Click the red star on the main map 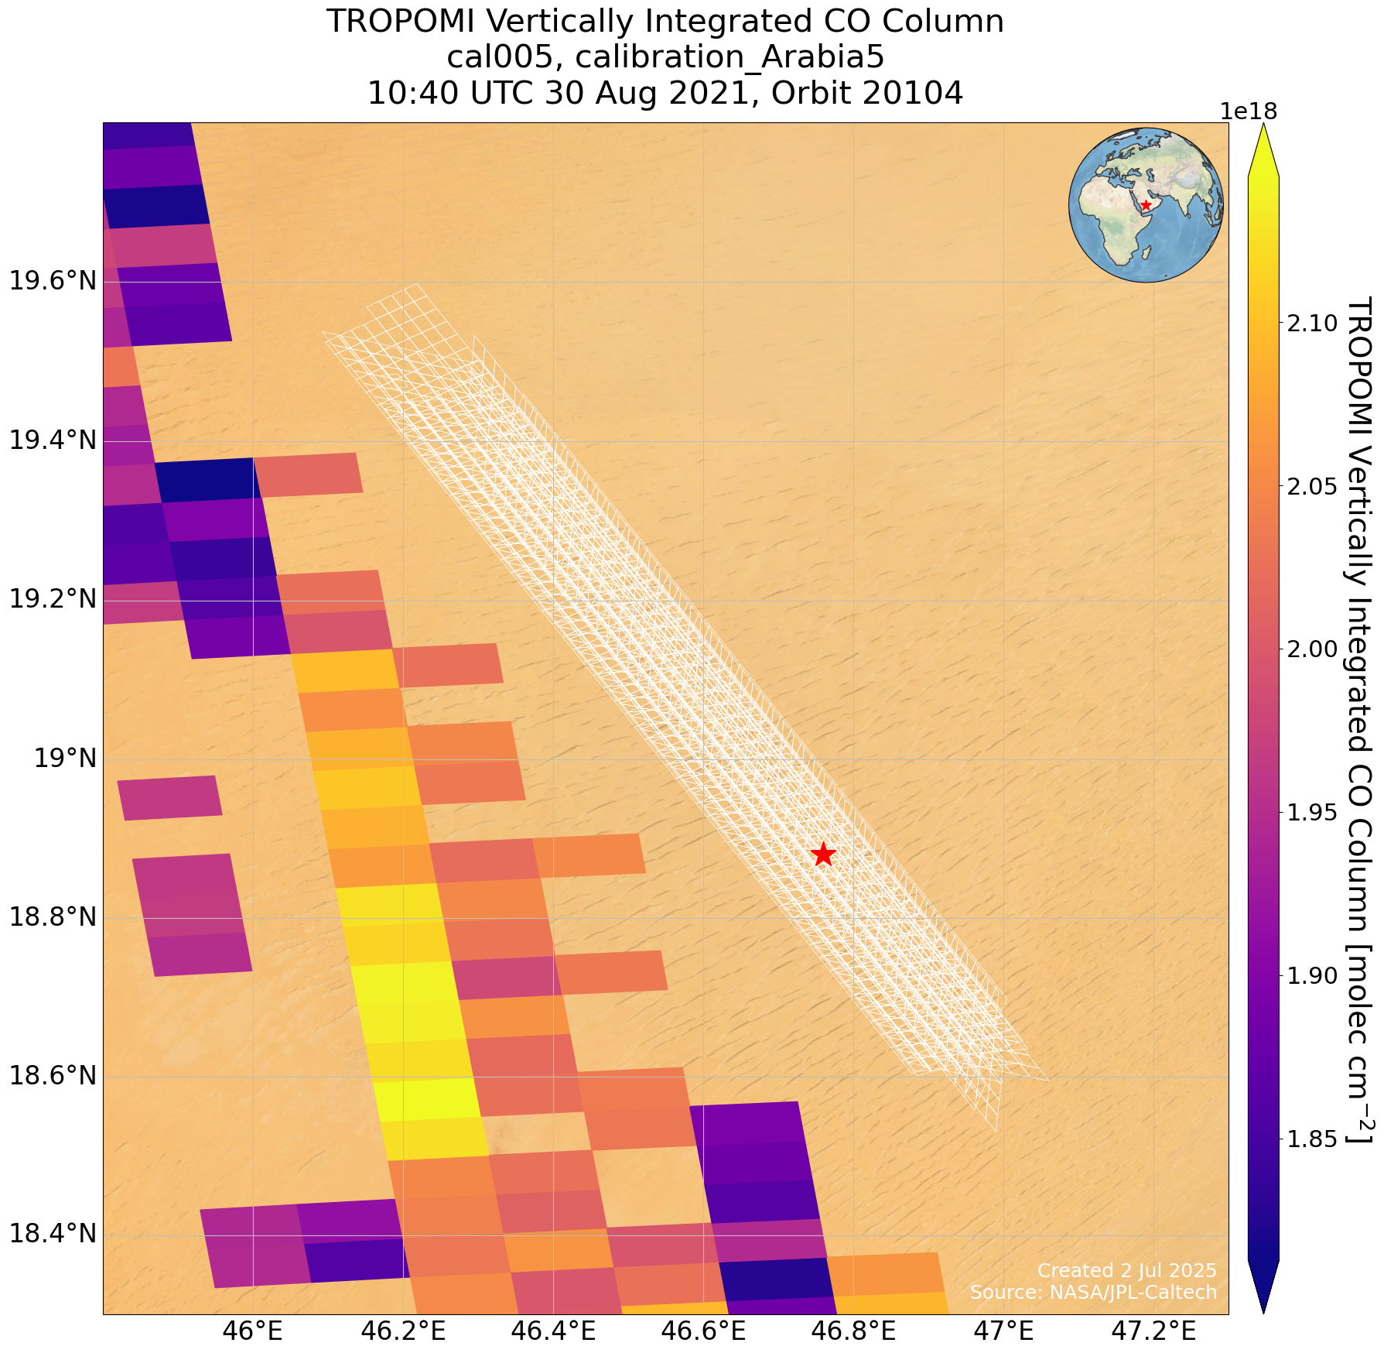pyautogui.click(x=823, y=855)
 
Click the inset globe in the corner pyautogui.click(x=1146, y=205)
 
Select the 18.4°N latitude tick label pyautogui.click(x=53, y=1235)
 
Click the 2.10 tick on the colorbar pyautogui.click(x=1312, y=323)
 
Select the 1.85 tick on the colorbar pyautogui.click(x=1312, y=1139)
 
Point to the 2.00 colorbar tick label pyautogui.click(x=1312, y=649)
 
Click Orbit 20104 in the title pyautogui.click(x=867, y=94)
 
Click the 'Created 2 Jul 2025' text pyautogui.click(x=1126, y=1270)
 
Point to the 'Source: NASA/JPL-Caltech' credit pyautogui.click(x=1093, y=1292)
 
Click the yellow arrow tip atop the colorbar pyautogui.click(x=1263, y=147)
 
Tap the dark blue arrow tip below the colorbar pyautogui.click(x=1263, y=1288)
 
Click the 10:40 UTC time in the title pyautogui.click(x=449, y=94)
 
